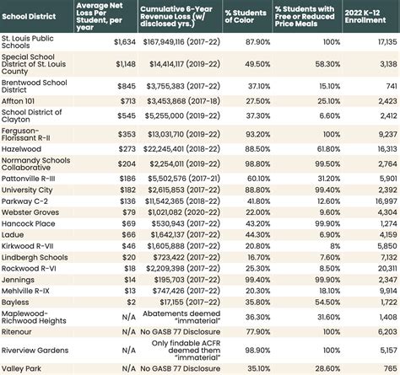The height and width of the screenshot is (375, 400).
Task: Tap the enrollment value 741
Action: pyautogui.click(x=387, y=86)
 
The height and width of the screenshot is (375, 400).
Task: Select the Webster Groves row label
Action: pyautogui.click(x=30, y=212)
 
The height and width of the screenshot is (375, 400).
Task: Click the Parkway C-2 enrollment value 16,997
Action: pyautogui.click(x=383, y=201)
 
